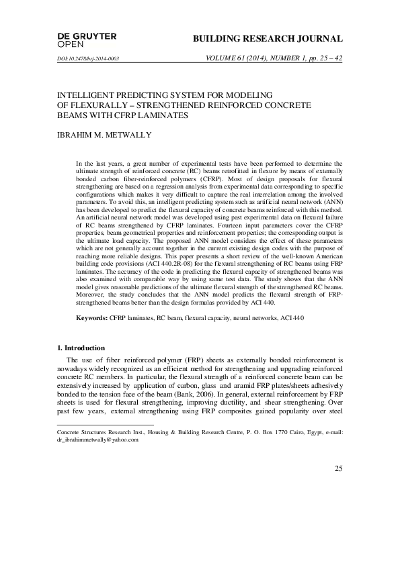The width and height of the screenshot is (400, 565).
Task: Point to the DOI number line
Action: (89, 59)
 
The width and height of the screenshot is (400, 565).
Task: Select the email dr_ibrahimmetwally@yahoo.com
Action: (97, 440)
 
